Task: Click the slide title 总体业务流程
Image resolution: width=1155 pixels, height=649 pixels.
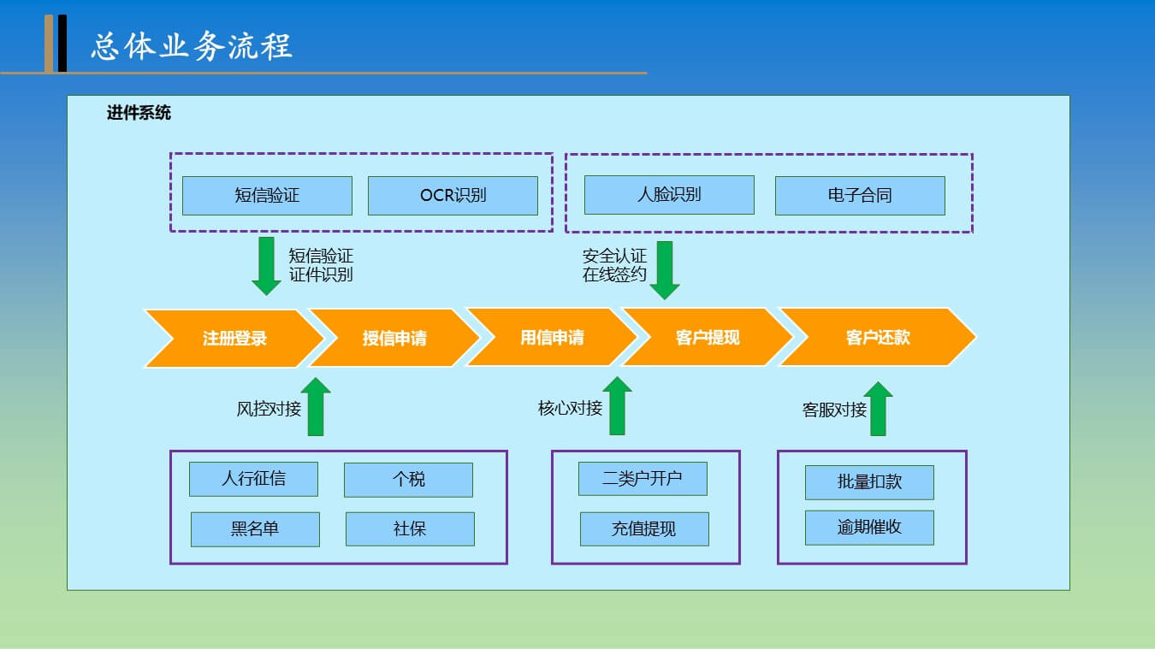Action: [x=192, y=46]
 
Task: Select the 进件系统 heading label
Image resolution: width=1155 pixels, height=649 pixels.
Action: [x=139, y=112]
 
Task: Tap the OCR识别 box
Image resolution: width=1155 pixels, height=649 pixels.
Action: [x=453, y=195]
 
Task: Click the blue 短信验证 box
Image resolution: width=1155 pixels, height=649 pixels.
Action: [x=267, y=195]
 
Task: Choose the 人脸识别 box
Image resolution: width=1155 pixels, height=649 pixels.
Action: [x=669, y=194]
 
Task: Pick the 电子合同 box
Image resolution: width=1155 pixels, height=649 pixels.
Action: [x=860, y=195]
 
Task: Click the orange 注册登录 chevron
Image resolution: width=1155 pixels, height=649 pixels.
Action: [x=234, y=338]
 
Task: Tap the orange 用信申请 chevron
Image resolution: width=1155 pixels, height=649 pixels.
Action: [x=552, y=337]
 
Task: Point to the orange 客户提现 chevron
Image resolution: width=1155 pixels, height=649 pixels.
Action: [x=708, y=337]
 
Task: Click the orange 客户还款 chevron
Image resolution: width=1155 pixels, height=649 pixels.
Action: [x=878, y=337]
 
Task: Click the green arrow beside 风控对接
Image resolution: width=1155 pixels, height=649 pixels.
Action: [x=316, y=407]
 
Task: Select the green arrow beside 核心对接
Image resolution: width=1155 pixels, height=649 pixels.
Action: [x=617, y=405]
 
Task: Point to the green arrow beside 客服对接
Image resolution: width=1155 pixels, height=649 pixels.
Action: [x=878, y=409]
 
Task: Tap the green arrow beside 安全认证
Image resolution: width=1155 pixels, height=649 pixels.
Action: [x=665, y=270]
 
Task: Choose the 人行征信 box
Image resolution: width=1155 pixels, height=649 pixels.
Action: [x=254, y=479]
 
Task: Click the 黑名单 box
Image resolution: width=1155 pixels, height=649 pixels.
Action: [x=255, y=529]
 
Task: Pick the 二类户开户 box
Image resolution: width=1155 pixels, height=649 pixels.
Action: [x=643, y=478]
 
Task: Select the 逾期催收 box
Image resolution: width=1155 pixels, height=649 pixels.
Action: [x=869, y=528]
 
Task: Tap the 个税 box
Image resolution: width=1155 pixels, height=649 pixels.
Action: [x=408, y=480]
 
